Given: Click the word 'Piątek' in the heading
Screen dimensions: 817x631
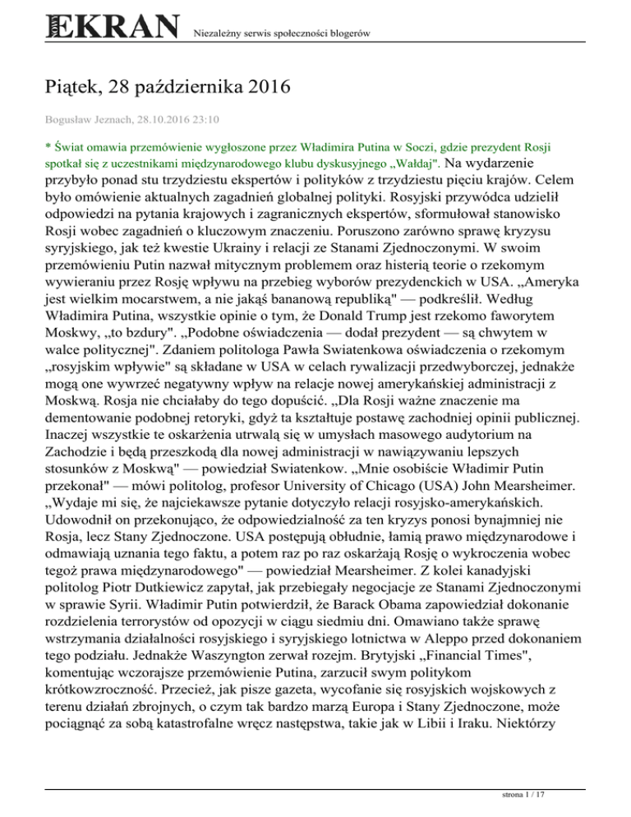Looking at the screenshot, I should pyautogui.click(x=69, y=85).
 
